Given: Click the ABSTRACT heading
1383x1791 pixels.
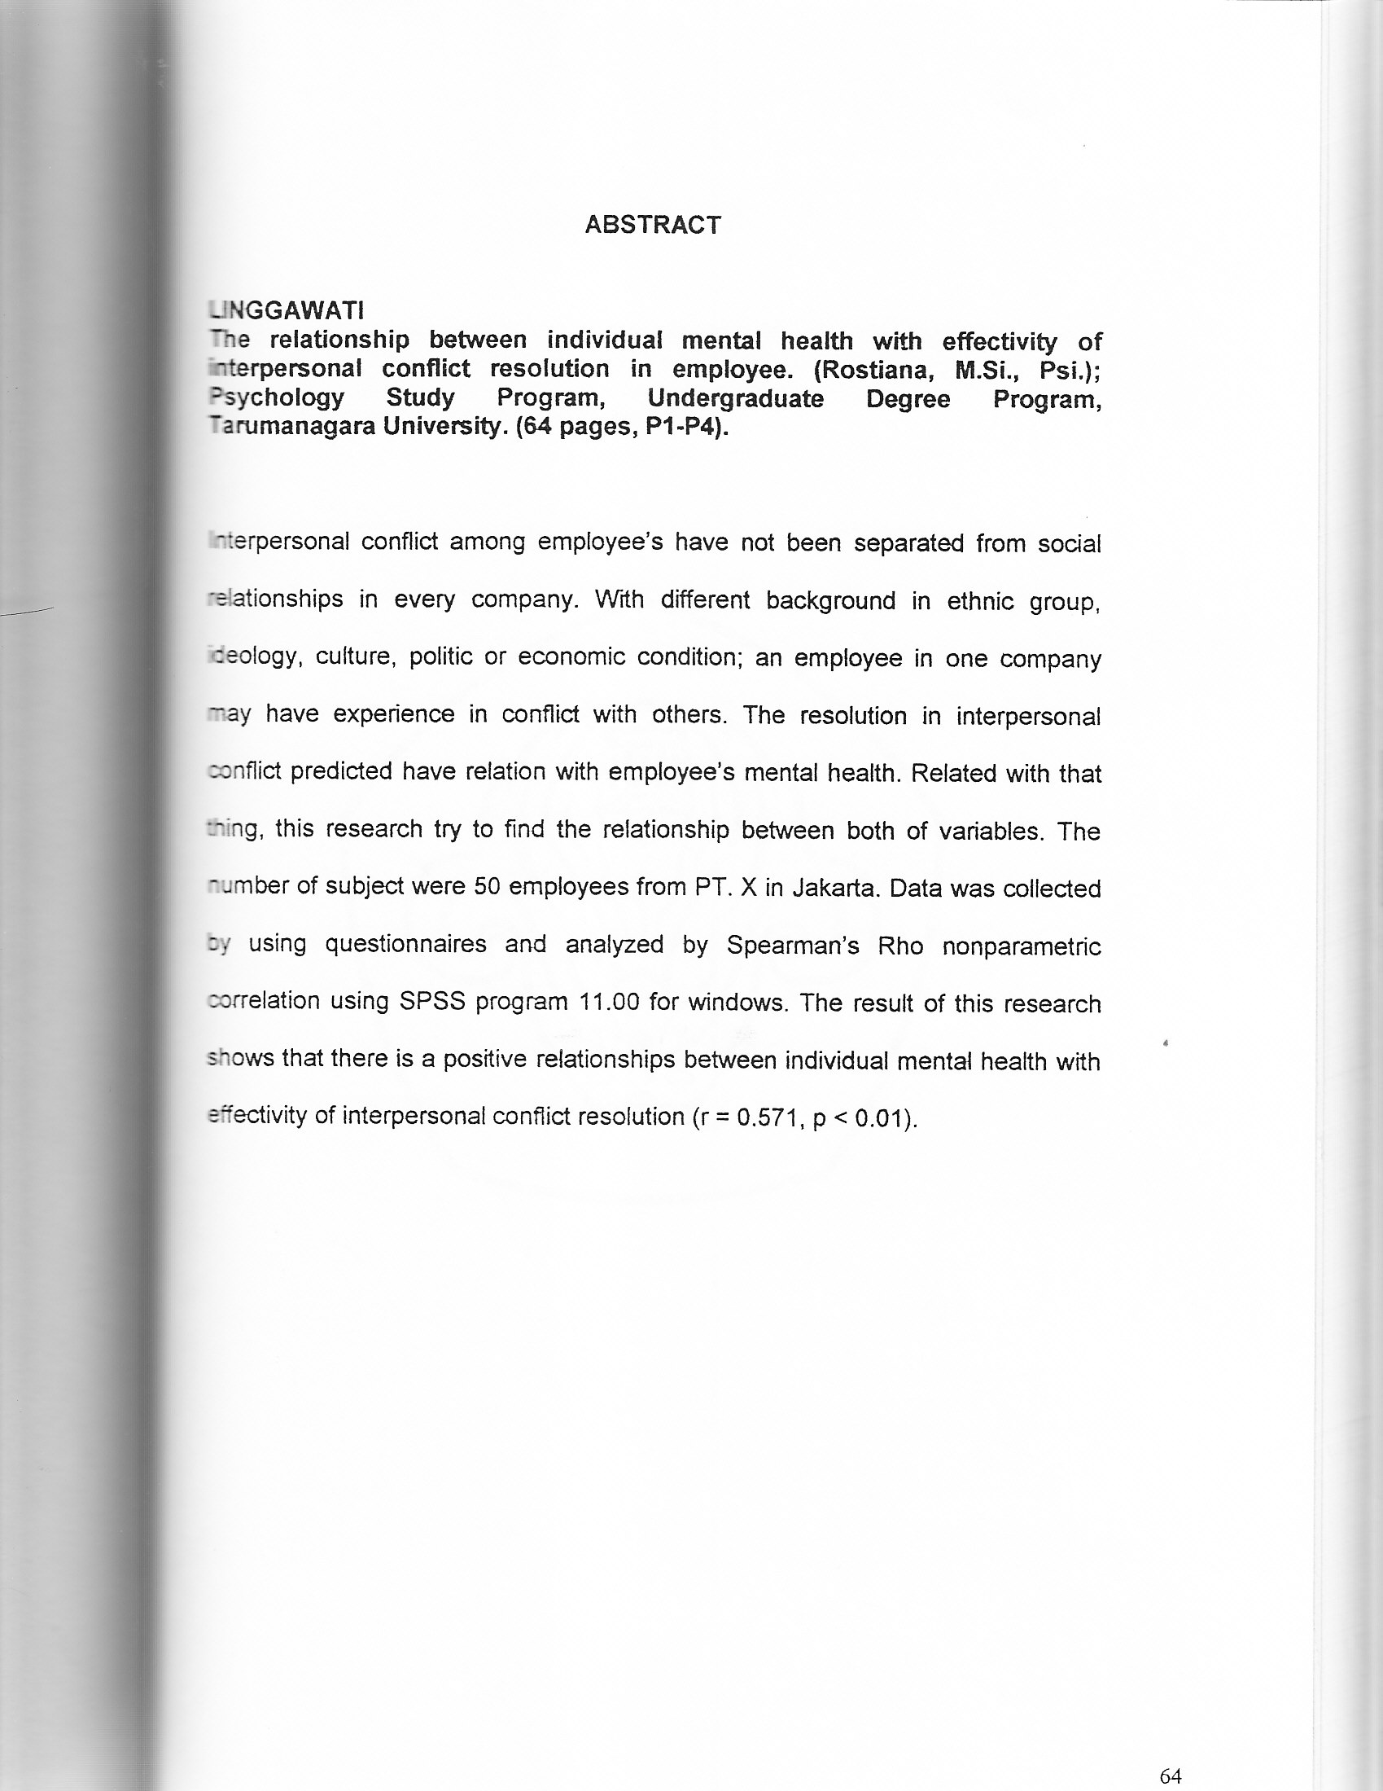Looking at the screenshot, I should tap(653, 225).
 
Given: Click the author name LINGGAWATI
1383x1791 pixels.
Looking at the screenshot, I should tap(286, 311).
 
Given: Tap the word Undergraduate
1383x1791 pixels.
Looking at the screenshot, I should tap(735, 399).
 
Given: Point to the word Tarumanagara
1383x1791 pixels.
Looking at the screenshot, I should tap(287, 428).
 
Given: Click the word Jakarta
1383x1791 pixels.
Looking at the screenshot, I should tap(836, 889).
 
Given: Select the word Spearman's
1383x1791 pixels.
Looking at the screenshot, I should tap(793, 946).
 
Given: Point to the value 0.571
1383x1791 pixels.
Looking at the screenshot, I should tap(767, 1117).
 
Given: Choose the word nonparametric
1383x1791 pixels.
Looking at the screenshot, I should tap(1021, 947).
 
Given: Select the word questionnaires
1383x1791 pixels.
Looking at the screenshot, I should tap(406, 946).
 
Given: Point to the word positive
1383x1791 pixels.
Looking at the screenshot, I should tap(484, 1060).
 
